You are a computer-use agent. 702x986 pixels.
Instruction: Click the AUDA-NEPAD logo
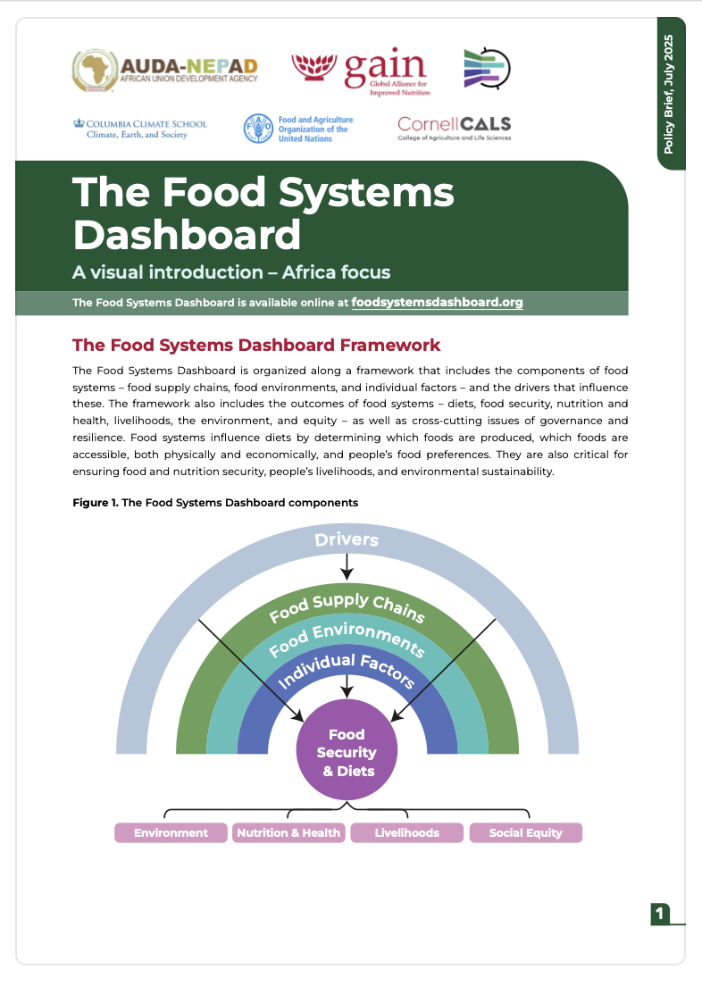point(165,69)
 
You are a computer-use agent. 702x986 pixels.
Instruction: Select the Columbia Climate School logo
point(140,129)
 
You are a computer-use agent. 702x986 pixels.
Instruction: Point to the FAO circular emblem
point(257,130)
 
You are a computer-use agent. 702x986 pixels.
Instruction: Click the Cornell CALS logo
point(455,129)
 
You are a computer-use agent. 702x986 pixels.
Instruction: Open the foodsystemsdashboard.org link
point(438,303)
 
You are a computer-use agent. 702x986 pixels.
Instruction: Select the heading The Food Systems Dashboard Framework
point(256,345)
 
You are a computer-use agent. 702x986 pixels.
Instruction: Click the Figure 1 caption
point(215,503)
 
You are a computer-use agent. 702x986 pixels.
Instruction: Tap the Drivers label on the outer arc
point(347,539)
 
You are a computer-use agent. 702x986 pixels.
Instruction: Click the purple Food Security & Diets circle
point(347,752)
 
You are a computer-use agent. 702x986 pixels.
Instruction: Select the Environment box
point(171,833)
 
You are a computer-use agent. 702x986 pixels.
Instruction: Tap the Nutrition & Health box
point(288,833)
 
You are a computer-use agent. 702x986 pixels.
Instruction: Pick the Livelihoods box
point(407,833)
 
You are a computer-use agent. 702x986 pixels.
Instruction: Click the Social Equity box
point(526,833)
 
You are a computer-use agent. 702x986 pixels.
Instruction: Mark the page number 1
point(660,913)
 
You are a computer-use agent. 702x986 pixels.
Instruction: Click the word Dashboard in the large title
point(187,234)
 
